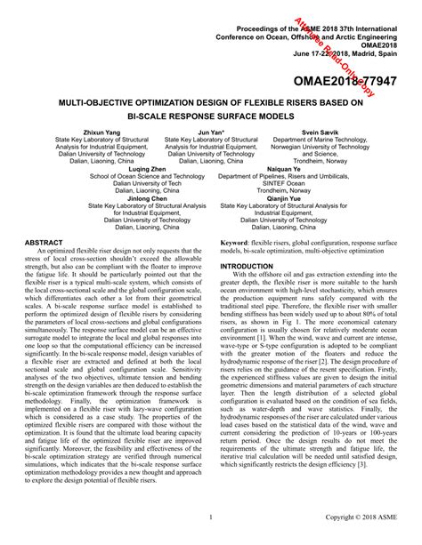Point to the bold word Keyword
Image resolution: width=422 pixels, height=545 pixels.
coord(234,242)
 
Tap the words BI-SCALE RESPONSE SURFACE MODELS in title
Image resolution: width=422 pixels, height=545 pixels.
coord(211,116)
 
